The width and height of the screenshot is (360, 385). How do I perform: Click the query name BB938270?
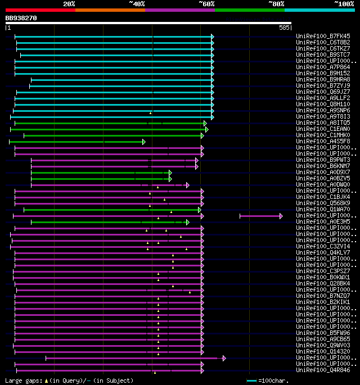click(21, 18)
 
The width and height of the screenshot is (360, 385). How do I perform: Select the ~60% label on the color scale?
click(206, 4)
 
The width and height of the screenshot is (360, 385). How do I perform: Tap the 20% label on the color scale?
click(69, 4)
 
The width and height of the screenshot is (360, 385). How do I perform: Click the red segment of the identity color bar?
click(40, 10)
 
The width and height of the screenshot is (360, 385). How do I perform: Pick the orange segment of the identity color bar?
click(110, 10)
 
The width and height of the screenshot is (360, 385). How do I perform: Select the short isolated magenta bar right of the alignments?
click(260, 216)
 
